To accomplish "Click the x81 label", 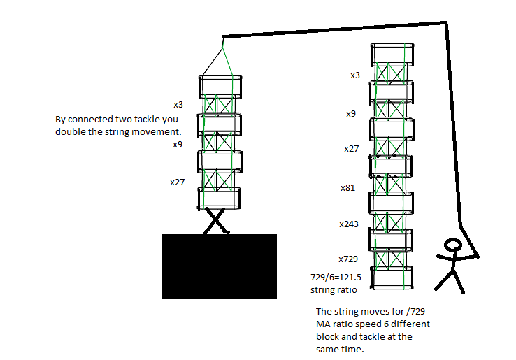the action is [x=347, y=188].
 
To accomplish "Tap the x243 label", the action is [x=349, y=224].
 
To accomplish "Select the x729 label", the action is [x=348, y=259].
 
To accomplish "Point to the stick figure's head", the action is [x=453, y=245].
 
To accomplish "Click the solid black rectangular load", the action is [x=220, y=266].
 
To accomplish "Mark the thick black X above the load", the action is [x=215, y=220].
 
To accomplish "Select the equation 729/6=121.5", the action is [x=336, y=278].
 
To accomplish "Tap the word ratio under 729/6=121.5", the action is [x=347, y=290].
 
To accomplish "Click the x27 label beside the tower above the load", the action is [x=178, y=182].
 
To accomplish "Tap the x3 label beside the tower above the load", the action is [x=178, y=105].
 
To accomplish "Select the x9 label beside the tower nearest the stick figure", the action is [x=351, y=114].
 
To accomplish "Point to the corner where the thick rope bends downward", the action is [x=446, y=22].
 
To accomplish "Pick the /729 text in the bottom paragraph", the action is [x=415, y=311].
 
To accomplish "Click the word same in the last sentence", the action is [x=329, y=349].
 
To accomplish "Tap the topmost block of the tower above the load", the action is [x=220, y=87].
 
